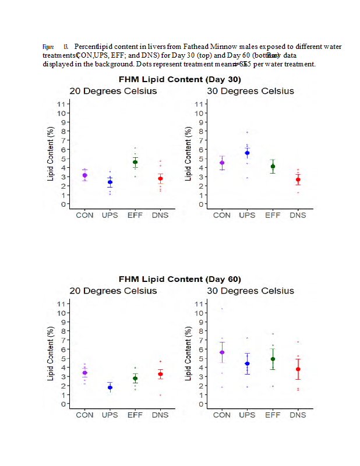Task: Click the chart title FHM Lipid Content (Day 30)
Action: coord(180,79)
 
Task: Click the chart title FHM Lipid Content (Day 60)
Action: coord(180,279)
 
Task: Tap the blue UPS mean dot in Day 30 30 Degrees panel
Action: coord(247,153)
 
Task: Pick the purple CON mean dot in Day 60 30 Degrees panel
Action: coord(222,352)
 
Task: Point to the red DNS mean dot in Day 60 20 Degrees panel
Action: coord(160,374)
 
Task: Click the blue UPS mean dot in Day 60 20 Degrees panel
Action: coord(110,387)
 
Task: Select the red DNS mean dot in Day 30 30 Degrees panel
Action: coord(298,179)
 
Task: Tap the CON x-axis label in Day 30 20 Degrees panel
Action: coord(85,216)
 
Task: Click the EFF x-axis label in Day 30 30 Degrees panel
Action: coord(273,216)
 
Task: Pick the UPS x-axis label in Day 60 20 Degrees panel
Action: coord(110,415)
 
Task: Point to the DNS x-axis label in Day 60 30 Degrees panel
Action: coord(298,415)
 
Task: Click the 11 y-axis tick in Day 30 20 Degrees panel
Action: coord(60,104)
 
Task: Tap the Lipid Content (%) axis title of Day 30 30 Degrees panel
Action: coord(188,154)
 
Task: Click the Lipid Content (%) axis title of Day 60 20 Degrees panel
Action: coord(51,354)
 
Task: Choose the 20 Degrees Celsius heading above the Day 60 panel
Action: coord(113,291)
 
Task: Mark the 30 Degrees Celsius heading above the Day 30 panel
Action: coord(250,91)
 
